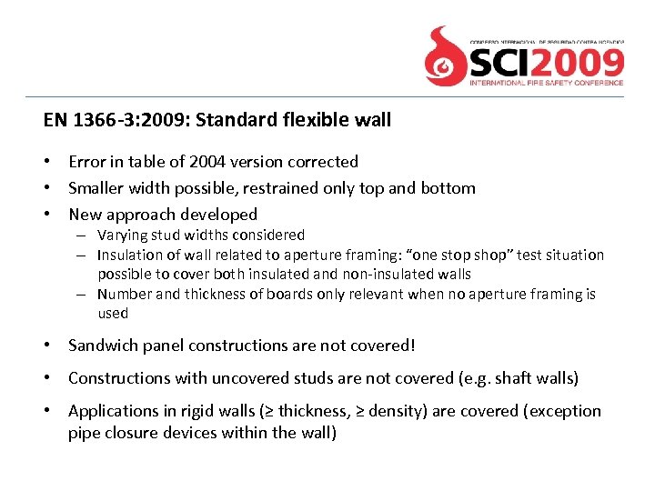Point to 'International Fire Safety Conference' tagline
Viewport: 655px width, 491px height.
pos(546,83)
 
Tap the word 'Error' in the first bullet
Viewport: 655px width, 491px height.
pos(87,162)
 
